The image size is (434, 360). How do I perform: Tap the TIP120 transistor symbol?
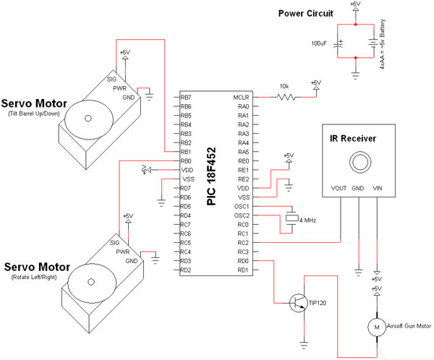[298, 304]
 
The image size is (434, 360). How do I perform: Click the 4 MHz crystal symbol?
[291, 220]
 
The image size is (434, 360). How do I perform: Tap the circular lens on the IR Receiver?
[358, 160]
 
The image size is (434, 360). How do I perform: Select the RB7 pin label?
[186, 97]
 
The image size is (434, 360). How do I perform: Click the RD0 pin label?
[243, 261]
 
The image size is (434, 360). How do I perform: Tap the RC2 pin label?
[243, 243]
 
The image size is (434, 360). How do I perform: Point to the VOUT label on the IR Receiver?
[339, 189]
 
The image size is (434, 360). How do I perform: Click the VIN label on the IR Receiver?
[377, 189]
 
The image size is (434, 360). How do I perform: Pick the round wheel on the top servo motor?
[88, 116]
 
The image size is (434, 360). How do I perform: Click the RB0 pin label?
[186, 160]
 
